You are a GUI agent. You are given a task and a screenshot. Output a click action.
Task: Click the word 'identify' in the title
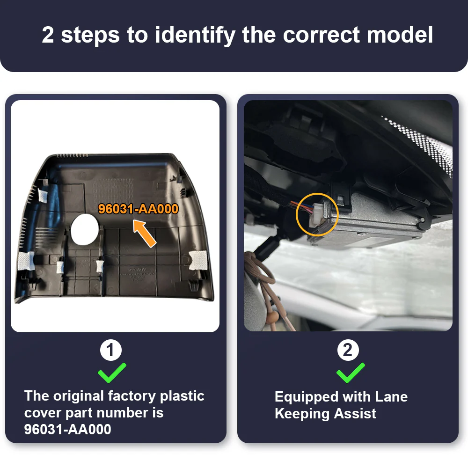(195, 36)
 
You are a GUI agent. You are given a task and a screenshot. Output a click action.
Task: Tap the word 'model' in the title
(400, 35)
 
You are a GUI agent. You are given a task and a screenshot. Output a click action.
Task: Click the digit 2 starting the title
(48, 35)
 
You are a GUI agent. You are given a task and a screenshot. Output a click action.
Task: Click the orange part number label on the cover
(138, 209)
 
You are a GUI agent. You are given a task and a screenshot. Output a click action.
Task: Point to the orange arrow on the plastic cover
(145, 233)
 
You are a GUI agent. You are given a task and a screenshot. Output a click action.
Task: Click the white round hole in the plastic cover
(85, 229)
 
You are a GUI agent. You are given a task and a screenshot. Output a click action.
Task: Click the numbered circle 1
(111, 350)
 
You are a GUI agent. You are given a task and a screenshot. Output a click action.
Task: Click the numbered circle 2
(348, 350)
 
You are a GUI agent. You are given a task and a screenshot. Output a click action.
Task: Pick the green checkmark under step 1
(112, 373)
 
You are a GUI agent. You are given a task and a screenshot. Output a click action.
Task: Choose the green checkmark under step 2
(351, 373)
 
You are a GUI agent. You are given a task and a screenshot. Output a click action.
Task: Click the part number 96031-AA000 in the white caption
(68, 429)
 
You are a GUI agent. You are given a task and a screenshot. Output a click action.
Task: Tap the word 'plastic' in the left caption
(182, 396)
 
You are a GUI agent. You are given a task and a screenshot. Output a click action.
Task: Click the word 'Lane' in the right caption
(391, 397)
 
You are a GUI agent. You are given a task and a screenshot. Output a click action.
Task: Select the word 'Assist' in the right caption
(355, 413)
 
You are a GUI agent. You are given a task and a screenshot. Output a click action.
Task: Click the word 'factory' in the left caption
(132, 396)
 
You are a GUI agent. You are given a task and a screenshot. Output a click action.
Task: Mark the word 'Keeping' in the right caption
(302, 414)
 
